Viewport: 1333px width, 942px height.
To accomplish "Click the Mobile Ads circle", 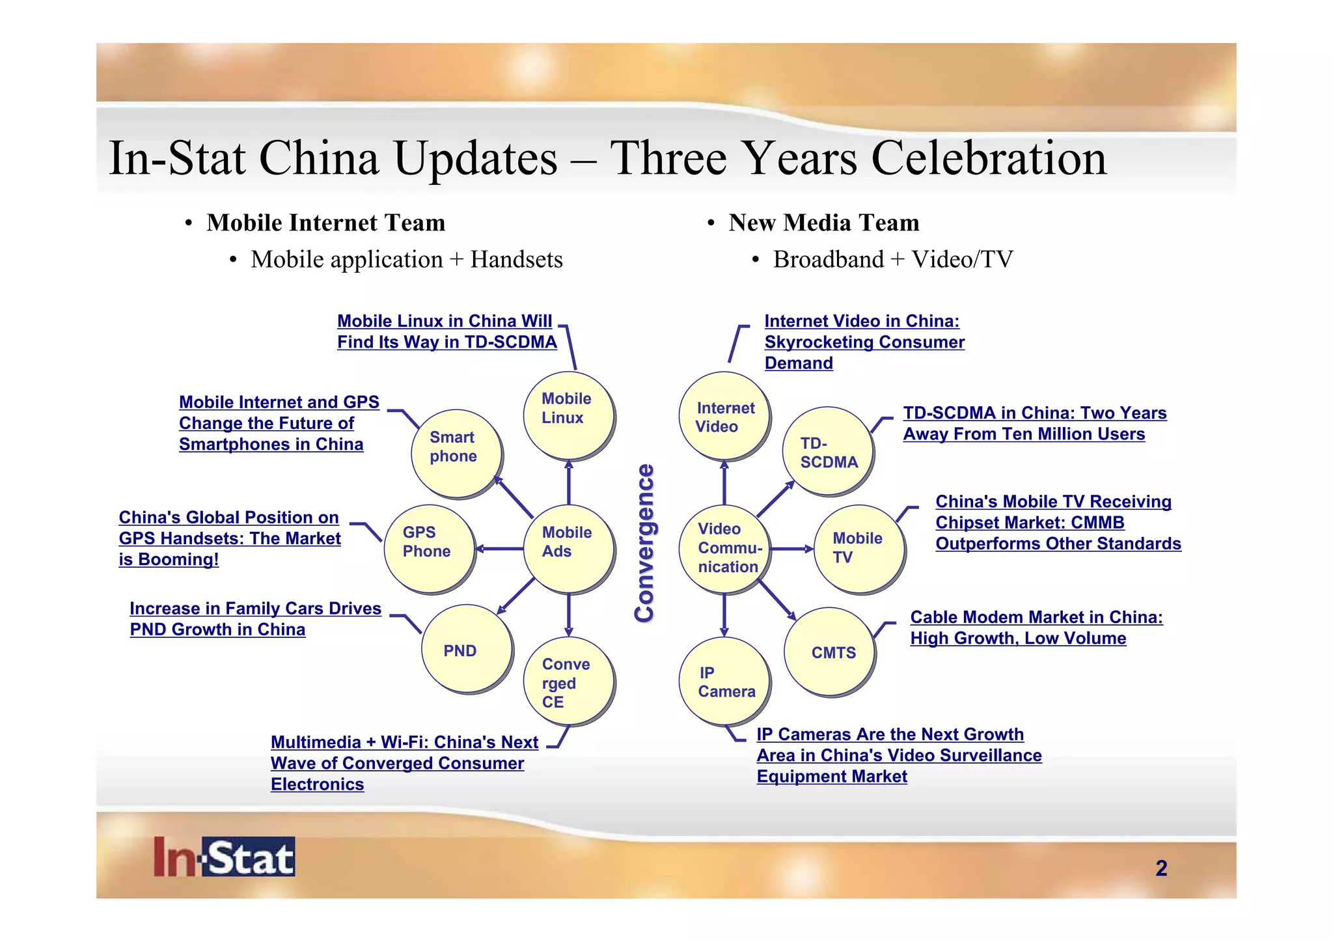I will pos(568,548).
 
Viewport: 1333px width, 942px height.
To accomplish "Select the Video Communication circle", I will pos(724,548).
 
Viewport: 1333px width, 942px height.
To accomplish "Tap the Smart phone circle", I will pos(456,453).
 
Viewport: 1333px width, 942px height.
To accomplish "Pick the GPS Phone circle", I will pos(429,548).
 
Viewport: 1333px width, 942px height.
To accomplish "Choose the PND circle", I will pos(466,648).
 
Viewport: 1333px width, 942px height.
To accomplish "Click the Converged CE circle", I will pos(568,681).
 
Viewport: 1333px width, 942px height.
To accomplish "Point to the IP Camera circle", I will pos(724,681).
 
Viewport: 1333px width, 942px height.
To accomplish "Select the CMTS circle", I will pos(829,651).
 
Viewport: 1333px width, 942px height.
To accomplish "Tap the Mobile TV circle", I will pos(859,548).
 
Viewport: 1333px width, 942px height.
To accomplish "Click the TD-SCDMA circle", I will pos(828,451).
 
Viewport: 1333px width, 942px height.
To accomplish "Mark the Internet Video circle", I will pos(724,415).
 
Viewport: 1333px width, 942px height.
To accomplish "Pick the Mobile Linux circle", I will pos(568,415).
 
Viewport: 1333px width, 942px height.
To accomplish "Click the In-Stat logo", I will pos(225,857).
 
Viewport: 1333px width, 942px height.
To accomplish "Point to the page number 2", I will pos(1161,868).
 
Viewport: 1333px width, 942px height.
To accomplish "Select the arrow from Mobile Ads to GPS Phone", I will pos(500,549).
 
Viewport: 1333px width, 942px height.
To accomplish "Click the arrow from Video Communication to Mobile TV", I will pos(791,549).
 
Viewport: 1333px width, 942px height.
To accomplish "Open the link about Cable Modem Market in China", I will pos(1036,628).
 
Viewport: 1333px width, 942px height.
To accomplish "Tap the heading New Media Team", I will pos(823,223).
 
